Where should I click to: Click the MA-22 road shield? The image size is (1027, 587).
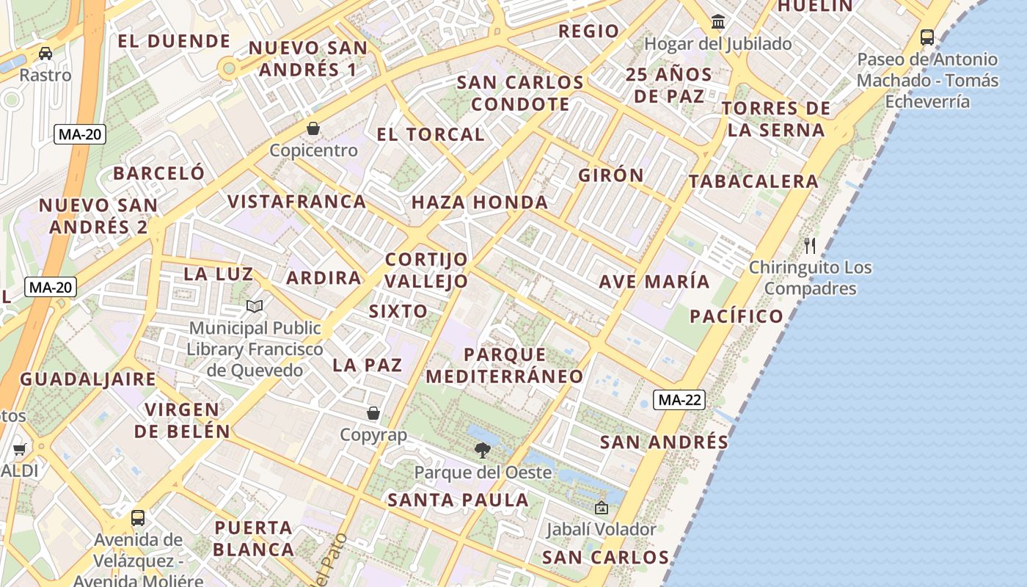[x=680, y=400]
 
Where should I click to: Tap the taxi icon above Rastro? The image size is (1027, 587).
[x=45, y=53]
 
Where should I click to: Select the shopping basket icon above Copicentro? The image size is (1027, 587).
[x=313, y=128]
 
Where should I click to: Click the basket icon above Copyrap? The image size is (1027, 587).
[x=373, y=413]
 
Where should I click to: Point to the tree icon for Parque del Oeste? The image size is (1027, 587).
[x=482, y=450]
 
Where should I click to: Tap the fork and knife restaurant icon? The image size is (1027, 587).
[x=810, y=245]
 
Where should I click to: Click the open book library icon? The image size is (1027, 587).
[x=255, y=306]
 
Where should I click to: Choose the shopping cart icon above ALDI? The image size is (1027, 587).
[x=19, y=449]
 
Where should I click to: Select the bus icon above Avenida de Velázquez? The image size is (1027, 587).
[x=137, y=517]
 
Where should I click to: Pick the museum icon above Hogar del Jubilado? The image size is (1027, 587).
[x=718, y=22]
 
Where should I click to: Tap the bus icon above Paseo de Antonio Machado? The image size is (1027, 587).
[x=927, y=37]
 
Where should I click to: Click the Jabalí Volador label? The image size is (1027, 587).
[x=601, y=529]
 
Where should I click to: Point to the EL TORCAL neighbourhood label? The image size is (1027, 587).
[x=431, y=134]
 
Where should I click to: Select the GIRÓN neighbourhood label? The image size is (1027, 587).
[x=610, y=175]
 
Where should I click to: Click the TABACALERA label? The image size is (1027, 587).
[x=753, y=181]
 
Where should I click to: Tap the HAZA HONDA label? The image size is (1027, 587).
[x=480, y=203]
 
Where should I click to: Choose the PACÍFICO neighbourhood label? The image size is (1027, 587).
[x=737, y=316]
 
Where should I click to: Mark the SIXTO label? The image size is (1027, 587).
[x=398, y=311]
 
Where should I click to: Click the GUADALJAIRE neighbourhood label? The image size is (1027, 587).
[x=87, y=379]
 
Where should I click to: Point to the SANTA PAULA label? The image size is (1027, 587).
[x=458, y=500]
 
